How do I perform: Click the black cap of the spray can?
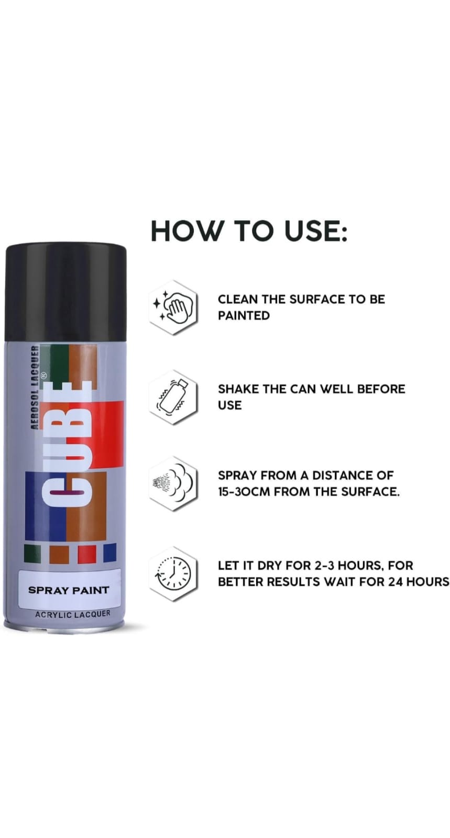pos(65,292)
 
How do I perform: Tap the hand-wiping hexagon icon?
pos(173,307)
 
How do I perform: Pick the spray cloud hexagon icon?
pos(173,483)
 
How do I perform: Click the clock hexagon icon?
pos(173,573)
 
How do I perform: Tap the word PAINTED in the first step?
pos(244,316)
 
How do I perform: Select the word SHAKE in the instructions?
pos(237,389)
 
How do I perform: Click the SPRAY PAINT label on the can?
pos(69,590)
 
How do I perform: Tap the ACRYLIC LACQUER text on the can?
pos(73,614)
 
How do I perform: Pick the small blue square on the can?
pos(109,554)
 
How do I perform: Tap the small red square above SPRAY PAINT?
pos(86,554)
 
